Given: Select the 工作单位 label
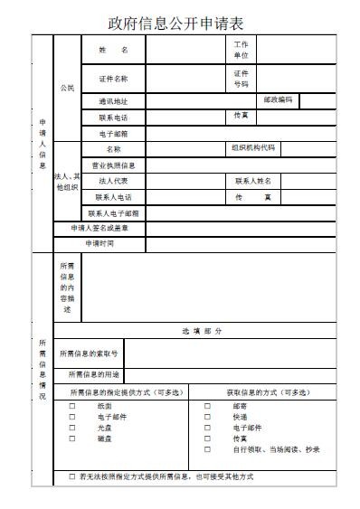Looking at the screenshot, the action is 241,50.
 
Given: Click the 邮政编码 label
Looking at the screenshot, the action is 278,99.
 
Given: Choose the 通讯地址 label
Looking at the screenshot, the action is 113,101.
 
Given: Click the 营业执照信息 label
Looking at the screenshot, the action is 113,165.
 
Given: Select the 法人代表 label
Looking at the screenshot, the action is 113,181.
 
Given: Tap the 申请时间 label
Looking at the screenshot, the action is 99,242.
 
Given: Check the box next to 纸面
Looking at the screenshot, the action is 72,407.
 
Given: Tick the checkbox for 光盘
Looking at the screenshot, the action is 72,428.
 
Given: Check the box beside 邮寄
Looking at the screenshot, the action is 207,407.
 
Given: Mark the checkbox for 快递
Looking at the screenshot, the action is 207,418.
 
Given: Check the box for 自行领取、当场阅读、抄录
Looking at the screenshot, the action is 207,448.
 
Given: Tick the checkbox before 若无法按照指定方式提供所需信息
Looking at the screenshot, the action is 72,476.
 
